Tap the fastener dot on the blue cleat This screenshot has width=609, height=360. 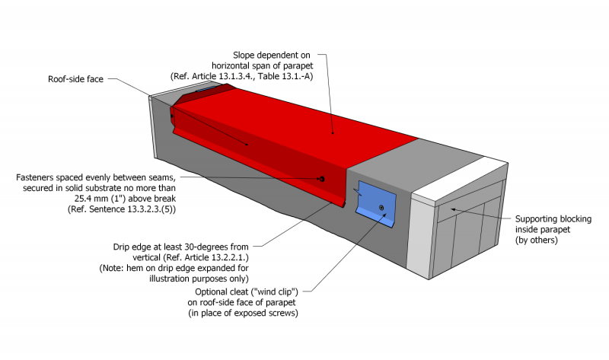click(x=381, y=208)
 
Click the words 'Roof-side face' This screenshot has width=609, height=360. click(x=75, y=78)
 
